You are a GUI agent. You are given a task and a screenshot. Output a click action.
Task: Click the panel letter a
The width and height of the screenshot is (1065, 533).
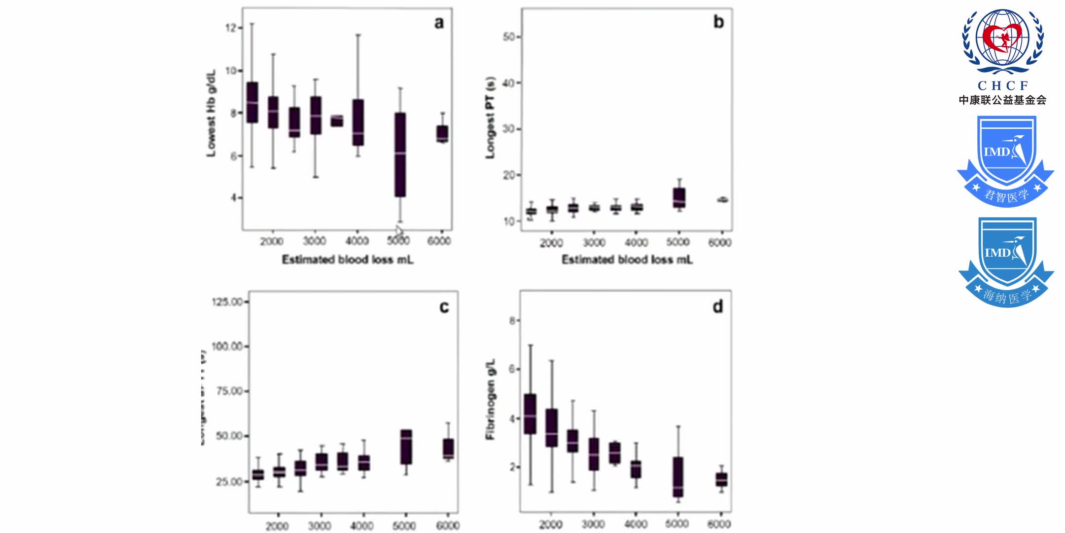click(439, 23)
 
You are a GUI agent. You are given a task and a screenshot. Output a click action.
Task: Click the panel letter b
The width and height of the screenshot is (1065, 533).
click(718, 22)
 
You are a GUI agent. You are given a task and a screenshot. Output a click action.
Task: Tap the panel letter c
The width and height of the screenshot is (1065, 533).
click(444, 307)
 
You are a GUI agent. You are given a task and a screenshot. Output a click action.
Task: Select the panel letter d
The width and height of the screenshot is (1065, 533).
click(718, 307)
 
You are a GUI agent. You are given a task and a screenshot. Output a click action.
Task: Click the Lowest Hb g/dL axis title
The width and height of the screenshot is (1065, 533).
click(211, 114)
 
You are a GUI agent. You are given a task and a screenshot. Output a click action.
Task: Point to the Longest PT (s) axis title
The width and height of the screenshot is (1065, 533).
click(490, 117)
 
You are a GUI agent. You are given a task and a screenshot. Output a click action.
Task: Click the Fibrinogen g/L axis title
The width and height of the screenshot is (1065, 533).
click(490, 399)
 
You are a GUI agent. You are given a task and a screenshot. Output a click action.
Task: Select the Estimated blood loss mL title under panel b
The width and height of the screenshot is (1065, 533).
click(627, 260)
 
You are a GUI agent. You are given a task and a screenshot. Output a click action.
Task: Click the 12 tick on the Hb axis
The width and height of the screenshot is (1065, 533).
click(231, 28)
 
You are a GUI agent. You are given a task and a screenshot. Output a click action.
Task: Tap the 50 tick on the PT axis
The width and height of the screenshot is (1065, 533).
click(508, 37)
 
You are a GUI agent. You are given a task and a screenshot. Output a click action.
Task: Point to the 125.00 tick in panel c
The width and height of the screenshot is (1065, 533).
click(227, 302)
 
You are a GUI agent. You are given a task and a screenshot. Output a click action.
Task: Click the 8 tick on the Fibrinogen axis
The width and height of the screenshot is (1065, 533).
click(512, 321)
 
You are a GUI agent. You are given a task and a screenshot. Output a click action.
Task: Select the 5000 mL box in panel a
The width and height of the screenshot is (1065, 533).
click(400, 154)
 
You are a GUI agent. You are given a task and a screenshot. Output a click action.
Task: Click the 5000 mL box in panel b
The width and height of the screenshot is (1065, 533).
click(679, 197)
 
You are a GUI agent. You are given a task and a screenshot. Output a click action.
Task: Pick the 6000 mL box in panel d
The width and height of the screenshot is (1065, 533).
click(721, 479)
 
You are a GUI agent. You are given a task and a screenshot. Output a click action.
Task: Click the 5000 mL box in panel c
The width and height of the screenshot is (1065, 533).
click(406, 447)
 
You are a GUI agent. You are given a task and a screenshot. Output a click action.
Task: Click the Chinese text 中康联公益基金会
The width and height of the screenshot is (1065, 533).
click(1002, 100)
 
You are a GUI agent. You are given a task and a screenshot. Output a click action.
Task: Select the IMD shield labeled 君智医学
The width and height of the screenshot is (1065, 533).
click(1006, 161)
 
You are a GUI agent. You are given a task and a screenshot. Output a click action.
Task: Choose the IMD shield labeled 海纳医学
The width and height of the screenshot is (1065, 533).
click(1006, 262)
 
